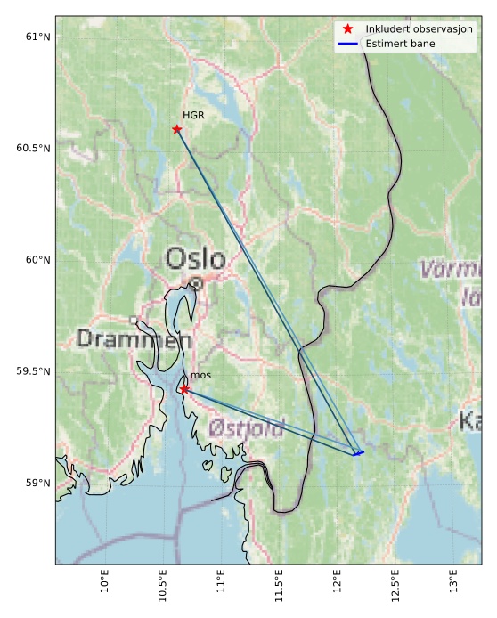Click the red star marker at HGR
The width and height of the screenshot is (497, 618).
(176, 129)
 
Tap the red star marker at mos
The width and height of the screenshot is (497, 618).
(183, 389)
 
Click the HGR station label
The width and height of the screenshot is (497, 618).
(193, 116)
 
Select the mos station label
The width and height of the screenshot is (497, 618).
(200, 376)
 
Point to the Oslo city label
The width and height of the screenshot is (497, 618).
(195, 259)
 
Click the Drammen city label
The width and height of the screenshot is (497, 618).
(133, 339)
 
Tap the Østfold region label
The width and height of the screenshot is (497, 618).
(246, 428)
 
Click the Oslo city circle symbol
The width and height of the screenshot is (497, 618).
(196, 283)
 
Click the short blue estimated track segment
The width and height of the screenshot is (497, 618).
(358, 453)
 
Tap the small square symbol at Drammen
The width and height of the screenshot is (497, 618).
(134, 320)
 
